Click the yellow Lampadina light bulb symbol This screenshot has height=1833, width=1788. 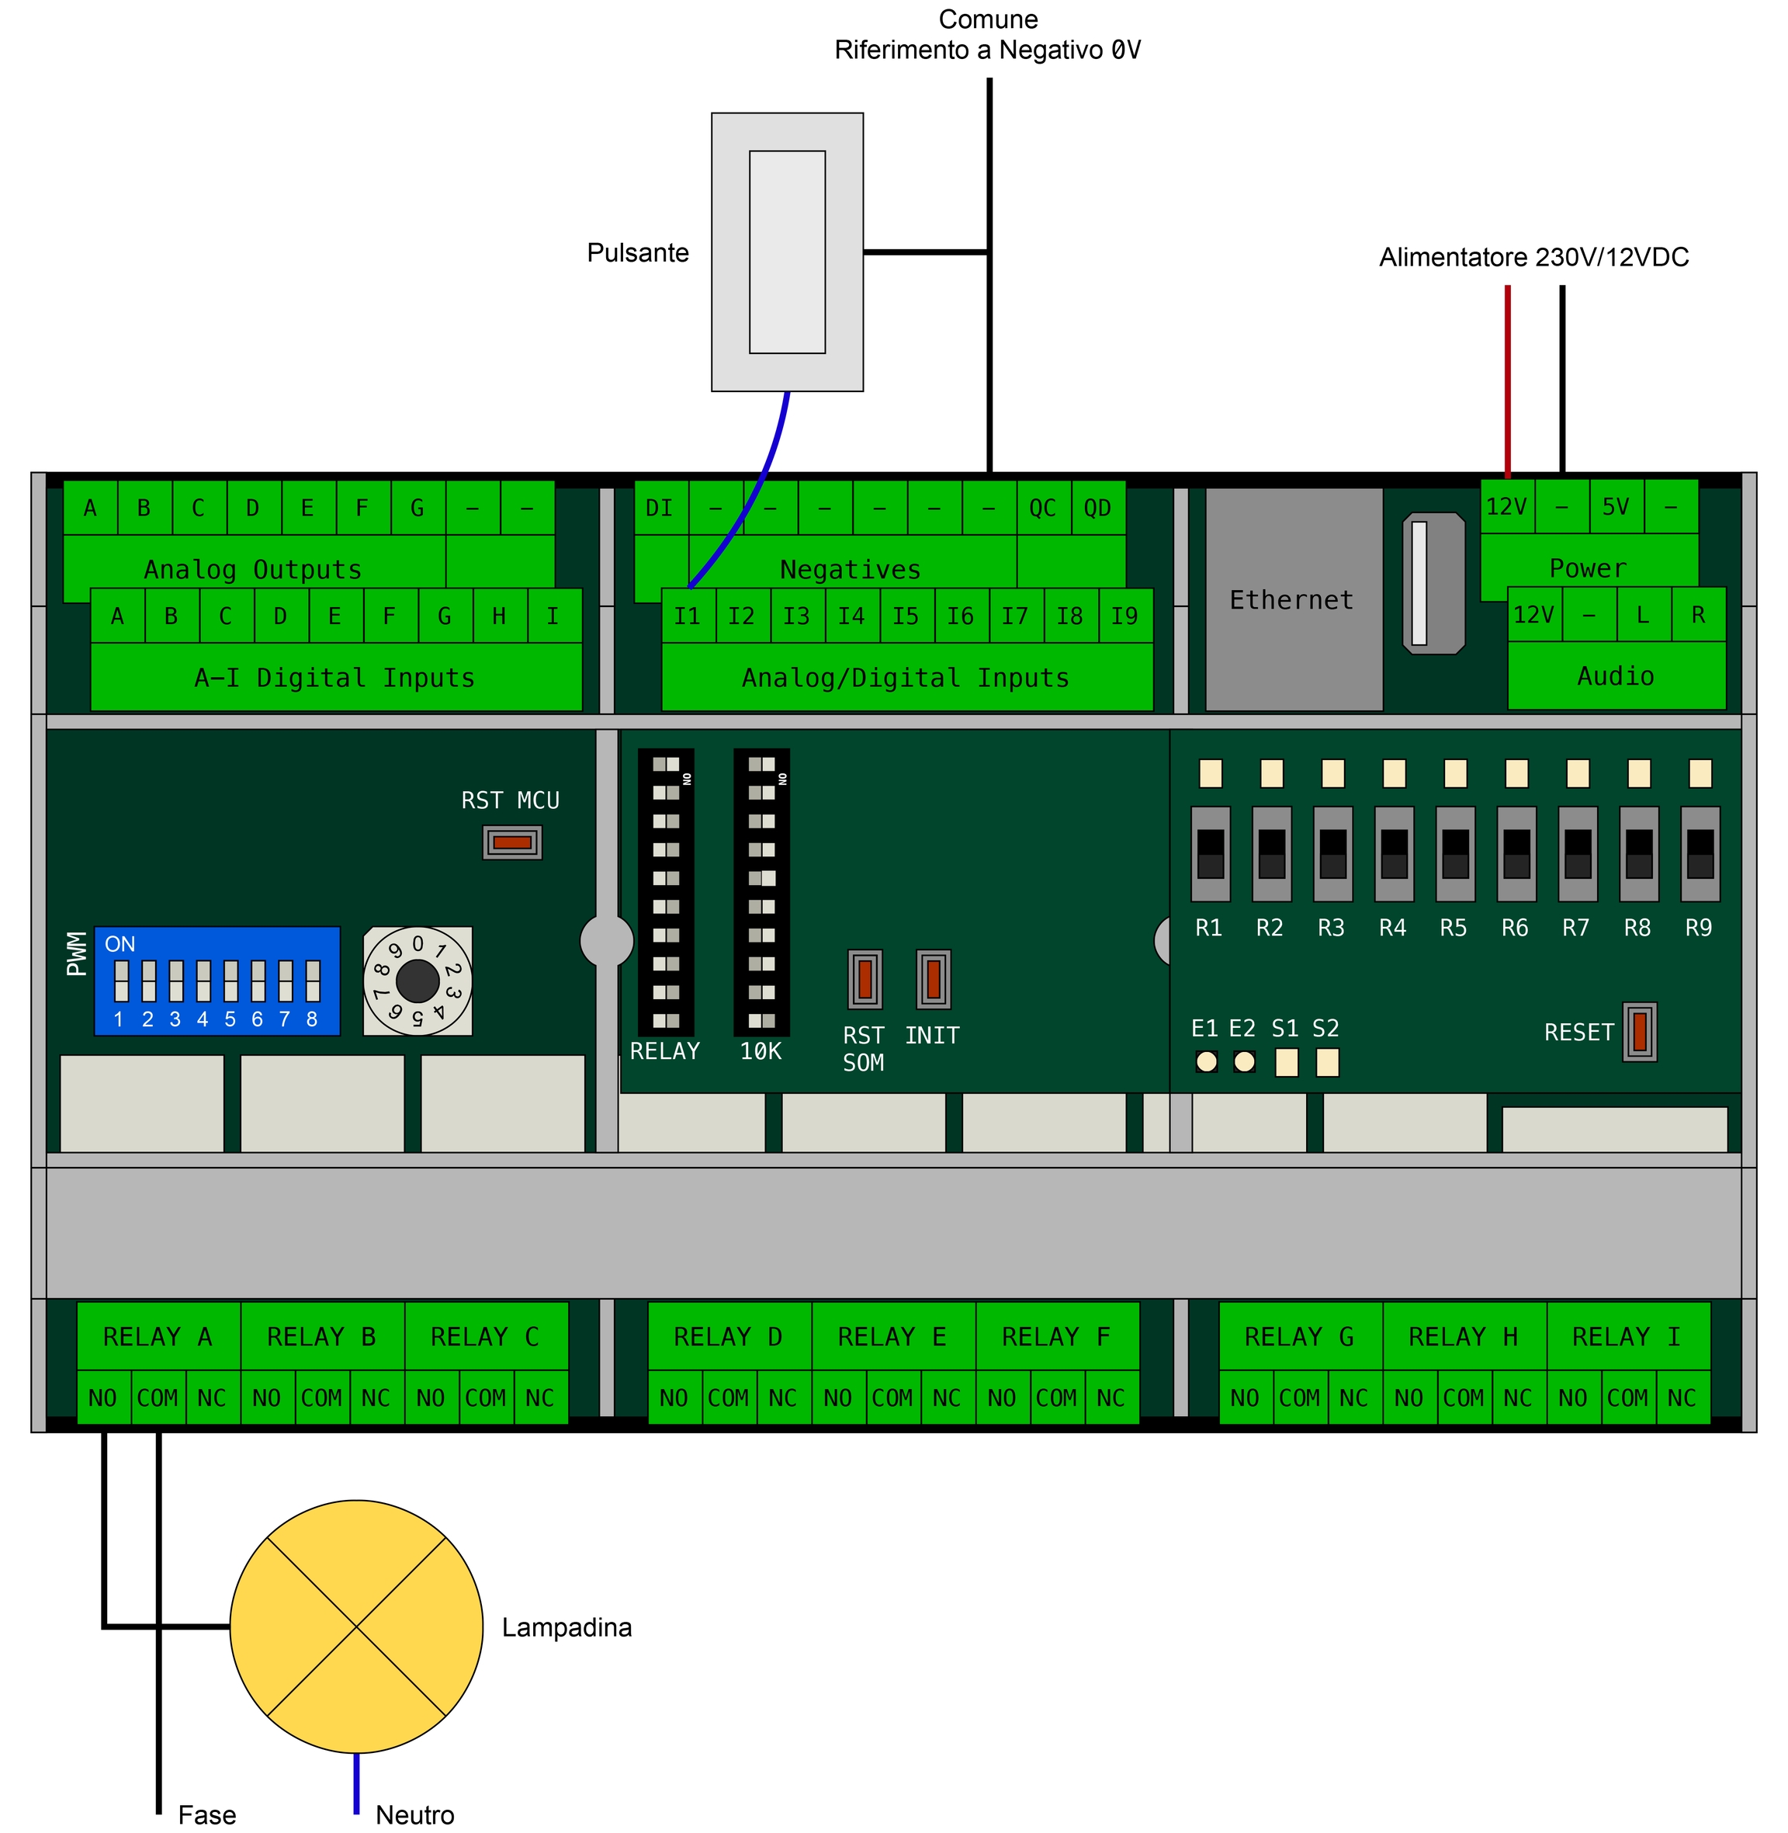click(356, 1626)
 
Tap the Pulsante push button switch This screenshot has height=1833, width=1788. click(787, 252)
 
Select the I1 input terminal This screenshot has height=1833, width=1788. click(688, 616)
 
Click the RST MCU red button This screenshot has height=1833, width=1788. click(511, 842)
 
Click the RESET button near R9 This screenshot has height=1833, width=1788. click(1639, 1032)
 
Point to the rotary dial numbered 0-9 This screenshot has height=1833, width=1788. click(417, 981)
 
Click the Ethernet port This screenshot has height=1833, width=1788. click(1293, 599)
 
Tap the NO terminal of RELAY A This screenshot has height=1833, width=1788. click(102, 1397)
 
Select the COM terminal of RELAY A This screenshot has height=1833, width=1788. click(158, 1397)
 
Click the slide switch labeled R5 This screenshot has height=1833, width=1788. click(1454, 853)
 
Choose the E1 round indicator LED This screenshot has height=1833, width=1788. click(1206, 1061)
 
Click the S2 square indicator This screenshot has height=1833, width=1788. click(1327, 1061)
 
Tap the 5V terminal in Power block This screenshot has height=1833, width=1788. click(1615, 506)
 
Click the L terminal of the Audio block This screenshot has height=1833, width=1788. click(1642, 614)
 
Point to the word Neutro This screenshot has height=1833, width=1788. click(414, 1814)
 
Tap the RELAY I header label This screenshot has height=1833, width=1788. click(1627, 1336)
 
